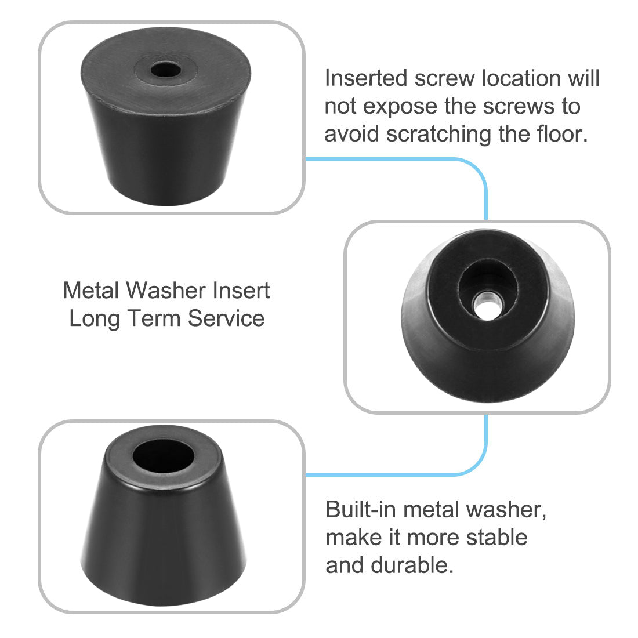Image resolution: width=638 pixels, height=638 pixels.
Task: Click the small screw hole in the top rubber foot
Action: (165, 71)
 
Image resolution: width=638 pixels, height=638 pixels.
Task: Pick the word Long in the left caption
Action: (95, 318)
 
